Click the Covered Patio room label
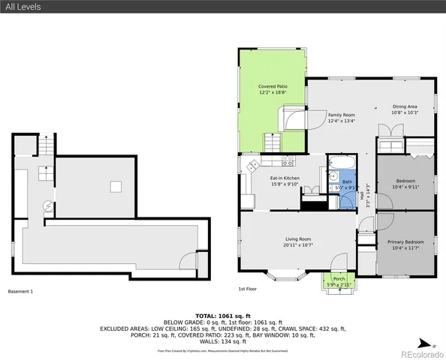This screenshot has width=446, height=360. click(273, 90)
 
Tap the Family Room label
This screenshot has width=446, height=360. click(341, 118)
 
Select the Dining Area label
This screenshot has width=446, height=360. click(405, 109)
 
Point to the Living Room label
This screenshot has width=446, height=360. click(297, 241)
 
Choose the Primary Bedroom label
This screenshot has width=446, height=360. click(405, 244)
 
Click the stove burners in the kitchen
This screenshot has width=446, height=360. click(254, 163)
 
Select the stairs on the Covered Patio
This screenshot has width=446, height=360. click(270, 140)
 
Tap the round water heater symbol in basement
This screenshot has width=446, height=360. click(47, 205)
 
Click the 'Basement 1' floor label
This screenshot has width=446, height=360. click(20, 291)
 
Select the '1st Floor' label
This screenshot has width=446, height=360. click(248, 289)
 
